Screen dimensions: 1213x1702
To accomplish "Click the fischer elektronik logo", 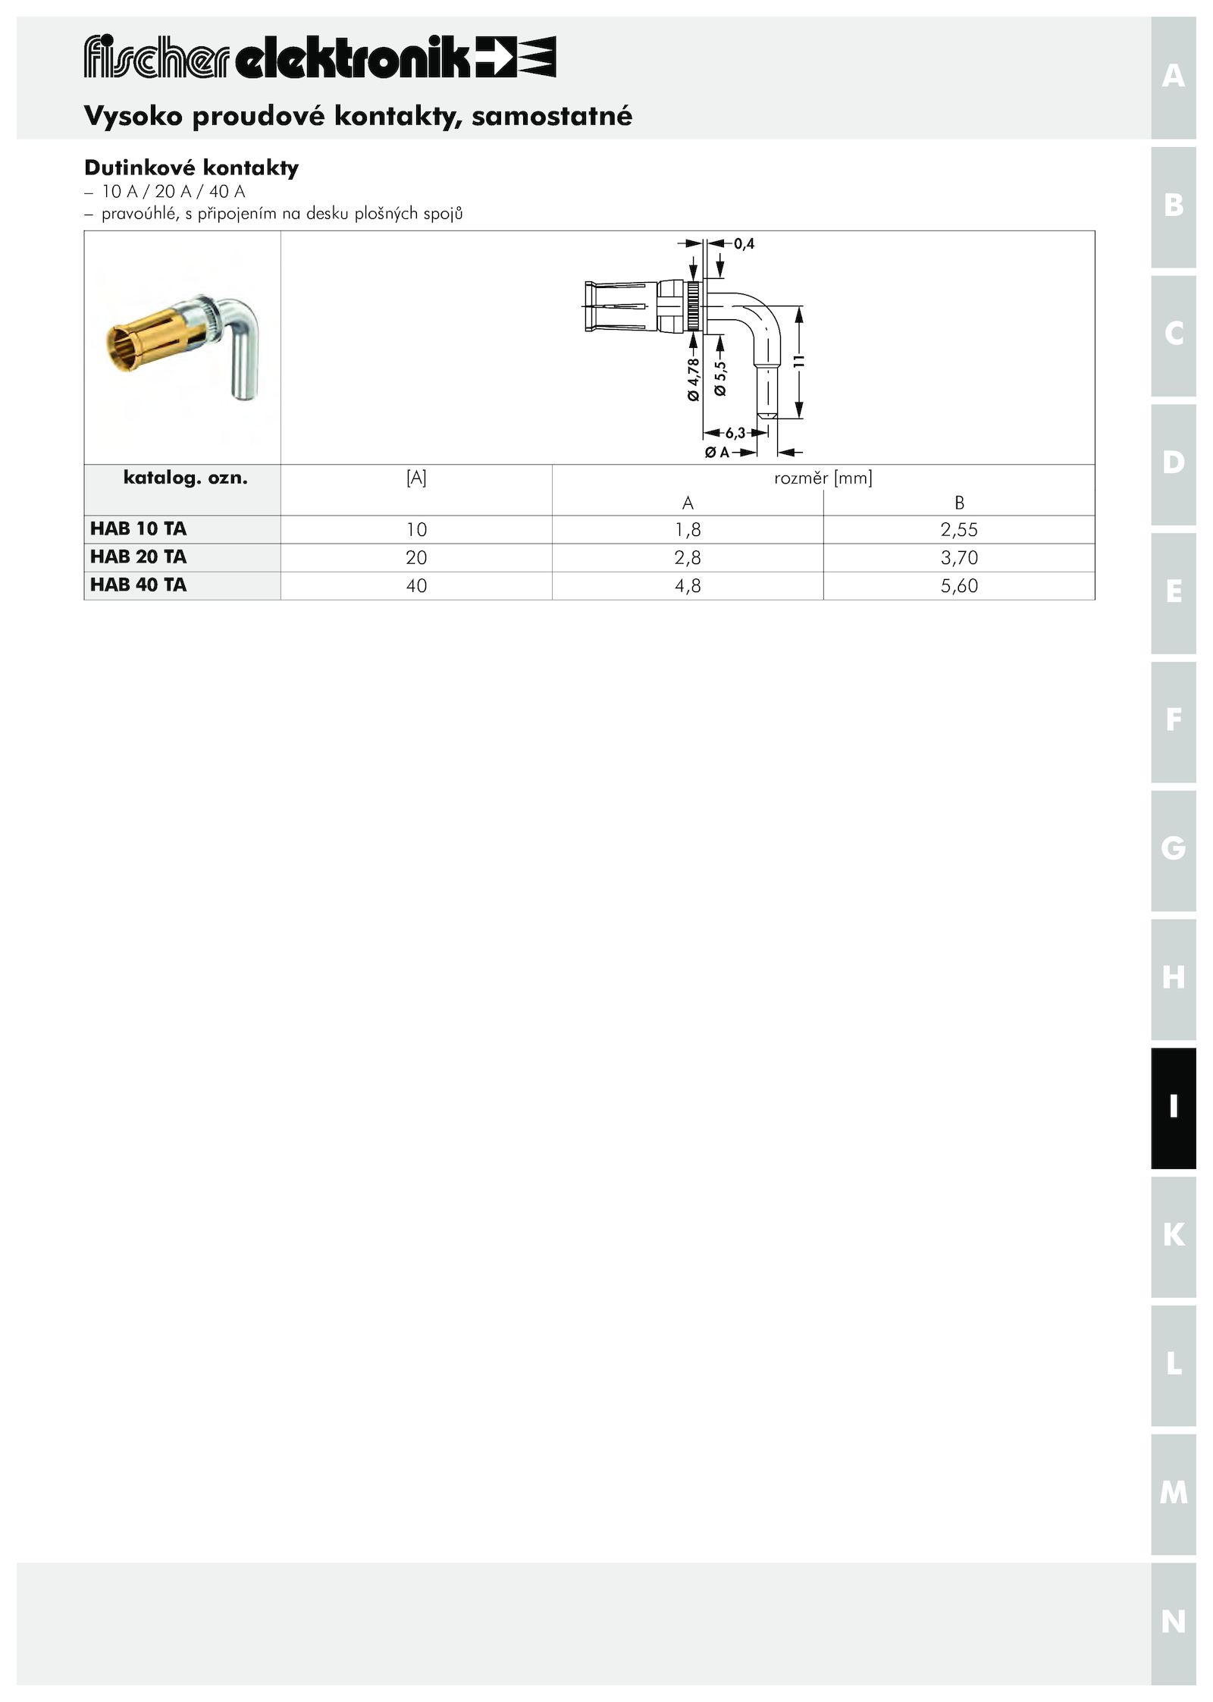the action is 320,57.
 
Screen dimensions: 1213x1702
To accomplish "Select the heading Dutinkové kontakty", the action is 192,168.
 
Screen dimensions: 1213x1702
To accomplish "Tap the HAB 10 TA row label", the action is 138,528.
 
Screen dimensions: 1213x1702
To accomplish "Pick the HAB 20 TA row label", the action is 138,556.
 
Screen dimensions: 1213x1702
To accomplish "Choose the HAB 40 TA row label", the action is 138,585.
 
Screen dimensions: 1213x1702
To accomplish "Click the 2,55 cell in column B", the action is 959,529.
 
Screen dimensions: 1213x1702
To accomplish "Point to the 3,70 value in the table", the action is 959,557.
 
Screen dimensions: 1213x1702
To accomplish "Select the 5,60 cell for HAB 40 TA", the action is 959,585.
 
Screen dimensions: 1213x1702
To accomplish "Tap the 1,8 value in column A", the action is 688,529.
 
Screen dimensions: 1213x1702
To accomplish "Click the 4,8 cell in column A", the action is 688,585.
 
